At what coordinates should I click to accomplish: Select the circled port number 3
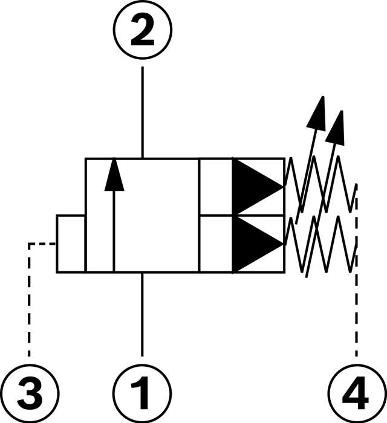tap(29, 392)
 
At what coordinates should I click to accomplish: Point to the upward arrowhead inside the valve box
tap(114, 174)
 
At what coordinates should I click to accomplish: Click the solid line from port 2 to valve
tap(143, 112)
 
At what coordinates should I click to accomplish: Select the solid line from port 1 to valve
tap(143, 314)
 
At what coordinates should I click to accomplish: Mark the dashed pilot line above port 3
tap(28, 302)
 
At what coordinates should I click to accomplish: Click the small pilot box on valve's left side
tap(71, 244)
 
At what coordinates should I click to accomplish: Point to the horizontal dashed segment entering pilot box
tap(42, 244)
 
